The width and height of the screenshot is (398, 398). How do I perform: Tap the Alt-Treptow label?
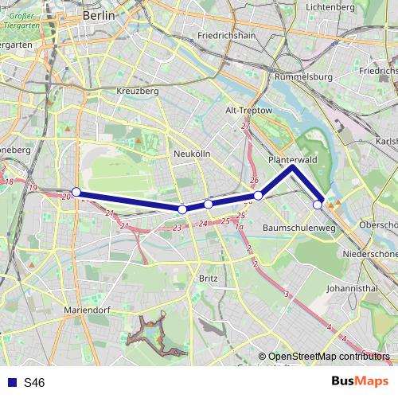[x=249, y=110]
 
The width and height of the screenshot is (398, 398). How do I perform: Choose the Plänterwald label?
[x=293, y=159]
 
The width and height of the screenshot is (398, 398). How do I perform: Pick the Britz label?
[x=208, y=279]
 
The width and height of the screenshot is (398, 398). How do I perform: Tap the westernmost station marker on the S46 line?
[x=76, y=193]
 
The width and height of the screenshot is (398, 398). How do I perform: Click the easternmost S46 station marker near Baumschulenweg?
[x=318, y=205]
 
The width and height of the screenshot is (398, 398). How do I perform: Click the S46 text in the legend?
[x=34, y=383]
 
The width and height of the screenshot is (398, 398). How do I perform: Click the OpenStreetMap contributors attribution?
[x=326, y=357]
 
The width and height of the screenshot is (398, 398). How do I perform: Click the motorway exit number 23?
[x=178, y=228]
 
